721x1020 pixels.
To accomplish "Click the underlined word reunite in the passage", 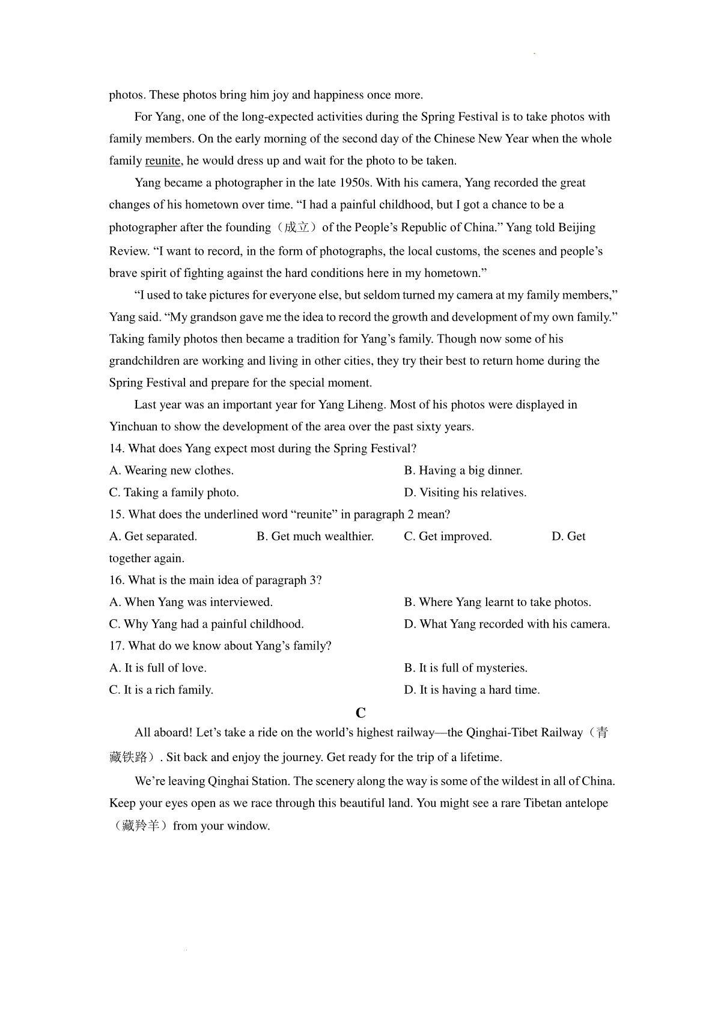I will [162, 161].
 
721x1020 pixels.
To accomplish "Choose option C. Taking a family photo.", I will [174, 493].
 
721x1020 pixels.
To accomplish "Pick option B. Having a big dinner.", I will [463, 470].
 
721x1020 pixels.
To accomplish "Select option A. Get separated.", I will [153, 536].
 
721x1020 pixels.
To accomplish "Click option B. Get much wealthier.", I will [315, 536].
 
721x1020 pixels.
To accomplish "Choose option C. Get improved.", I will [448, 536].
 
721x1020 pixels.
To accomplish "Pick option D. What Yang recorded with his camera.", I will [507, 624].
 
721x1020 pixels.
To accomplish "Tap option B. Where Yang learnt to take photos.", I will [497, 603].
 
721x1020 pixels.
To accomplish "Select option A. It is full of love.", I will [157, 668].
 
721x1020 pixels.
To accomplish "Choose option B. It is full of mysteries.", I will [466, 668].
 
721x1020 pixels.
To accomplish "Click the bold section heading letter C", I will [360, 713].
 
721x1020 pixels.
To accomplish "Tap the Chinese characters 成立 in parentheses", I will [297, 228].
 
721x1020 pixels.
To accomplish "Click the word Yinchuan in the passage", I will [133, 427].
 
